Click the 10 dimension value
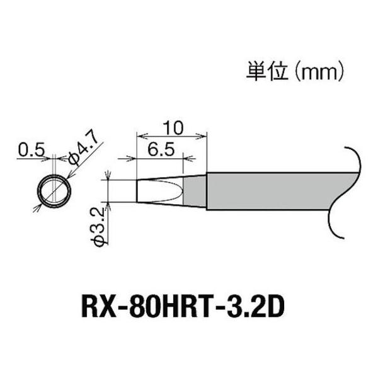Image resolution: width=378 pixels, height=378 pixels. (171, 127)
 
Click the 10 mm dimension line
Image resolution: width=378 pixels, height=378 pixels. (172, 135)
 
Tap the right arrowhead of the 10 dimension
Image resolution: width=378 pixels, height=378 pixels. (203, 135)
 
